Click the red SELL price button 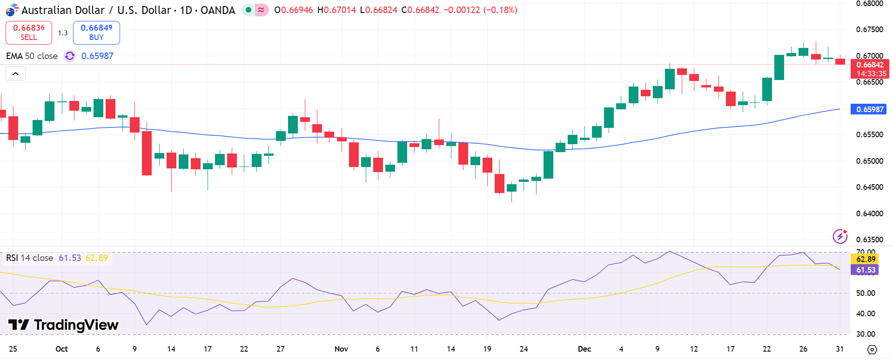point(29,33)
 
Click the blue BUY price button point(96,33)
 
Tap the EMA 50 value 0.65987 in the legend point(97,56)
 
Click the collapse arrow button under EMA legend point(15,73)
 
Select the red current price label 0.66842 point(869,65)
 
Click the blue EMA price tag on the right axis point(868,109)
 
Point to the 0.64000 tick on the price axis point(869,213)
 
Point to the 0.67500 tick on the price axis point(869,29)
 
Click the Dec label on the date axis point(584,349)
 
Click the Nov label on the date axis point(341,349)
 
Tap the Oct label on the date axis point(61,349)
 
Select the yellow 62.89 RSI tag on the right point(866,259)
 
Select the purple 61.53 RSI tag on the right point(866,270)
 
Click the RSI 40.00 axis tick point(866,313)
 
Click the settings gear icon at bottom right point(872,349)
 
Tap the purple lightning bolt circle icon point(840,236)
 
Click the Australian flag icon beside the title point(12,10)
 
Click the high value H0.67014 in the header point(336,10)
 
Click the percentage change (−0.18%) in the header point(500,10)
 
